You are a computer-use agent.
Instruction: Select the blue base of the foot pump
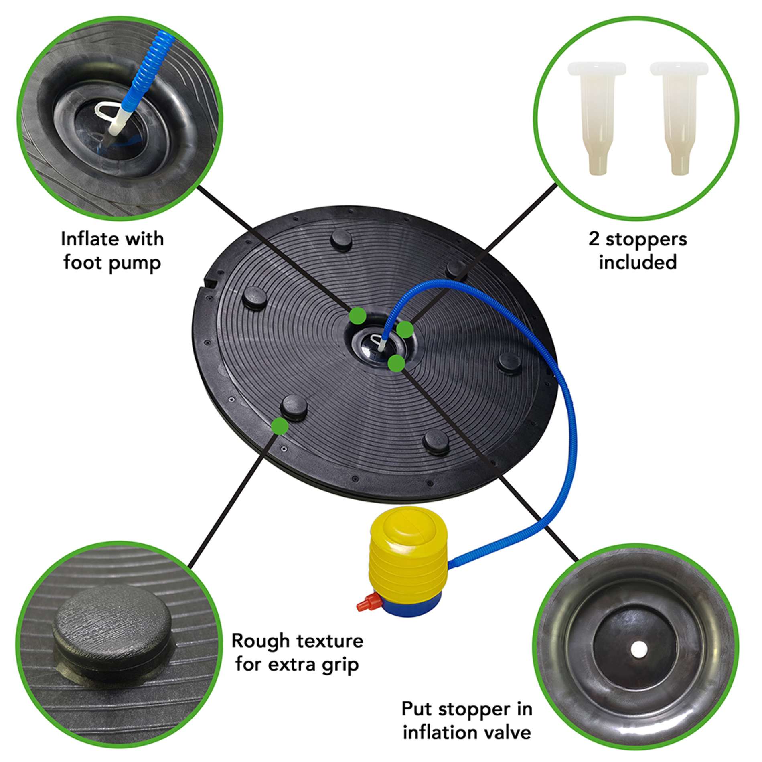[413, 605]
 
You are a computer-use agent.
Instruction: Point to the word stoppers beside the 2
[646, 239]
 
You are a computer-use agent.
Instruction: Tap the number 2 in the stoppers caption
[594, 239]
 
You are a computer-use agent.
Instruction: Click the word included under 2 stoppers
[638, 262]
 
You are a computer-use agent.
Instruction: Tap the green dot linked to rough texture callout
[280, 426]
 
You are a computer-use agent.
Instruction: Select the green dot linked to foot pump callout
[357, 316]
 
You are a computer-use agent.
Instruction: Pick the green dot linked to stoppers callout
[405, 329]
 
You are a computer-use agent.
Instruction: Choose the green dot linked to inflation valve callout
[396, 363]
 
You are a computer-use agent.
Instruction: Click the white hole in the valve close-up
[639, 647]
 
